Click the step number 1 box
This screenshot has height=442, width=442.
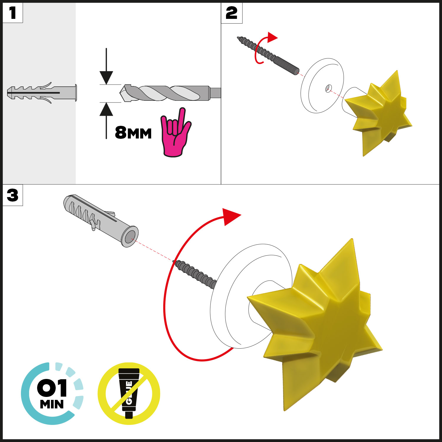coord(13,13)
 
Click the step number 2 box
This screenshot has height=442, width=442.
coord(232,13)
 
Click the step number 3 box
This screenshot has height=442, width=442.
coord(13,195)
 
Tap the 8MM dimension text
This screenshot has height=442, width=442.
coord(133,133)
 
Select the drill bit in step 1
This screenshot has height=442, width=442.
coord(170,93)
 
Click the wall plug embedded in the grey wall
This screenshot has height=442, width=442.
coord(42,93)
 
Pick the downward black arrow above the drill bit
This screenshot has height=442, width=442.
coord(106,66)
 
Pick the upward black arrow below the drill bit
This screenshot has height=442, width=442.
coord(106,121)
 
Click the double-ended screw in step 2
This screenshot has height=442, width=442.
coord(268,55)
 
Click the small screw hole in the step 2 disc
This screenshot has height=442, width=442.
coord(329,88)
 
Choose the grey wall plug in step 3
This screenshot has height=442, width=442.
coord(100,220)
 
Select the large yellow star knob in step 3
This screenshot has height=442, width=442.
coord(315,324)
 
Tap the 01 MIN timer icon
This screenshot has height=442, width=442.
coord(52,394)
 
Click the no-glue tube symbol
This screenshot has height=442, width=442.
coord(129,393)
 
